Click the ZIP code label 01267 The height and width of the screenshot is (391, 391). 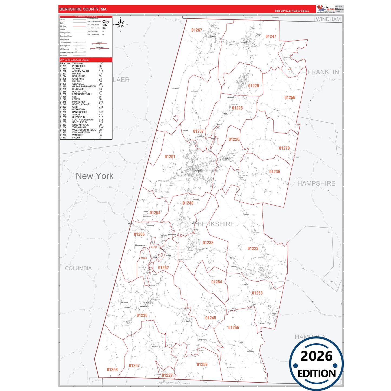(x=197, y=30)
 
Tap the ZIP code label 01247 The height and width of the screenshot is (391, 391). (x=271, y=37)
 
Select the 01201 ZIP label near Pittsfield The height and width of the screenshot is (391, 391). (x=170, y=157)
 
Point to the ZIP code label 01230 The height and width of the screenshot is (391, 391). (x=142, y=316)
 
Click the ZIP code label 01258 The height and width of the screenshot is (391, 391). (x=112, y=370)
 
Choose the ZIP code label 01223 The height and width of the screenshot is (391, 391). (x=253, y=248)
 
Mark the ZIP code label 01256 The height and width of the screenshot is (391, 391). (x=290, y=98)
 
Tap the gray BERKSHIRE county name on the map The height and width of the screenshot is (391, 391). (x=216, y=224)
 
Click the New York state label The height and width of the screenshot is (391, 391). (x=95, y=176)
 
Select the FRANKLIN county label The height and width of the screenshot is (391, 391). (x=323, y=72)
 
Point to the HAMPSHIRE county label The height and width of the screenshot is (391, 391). (x=316, y=183)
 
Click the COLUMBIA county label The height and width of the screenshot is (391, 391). (x=78, y=268)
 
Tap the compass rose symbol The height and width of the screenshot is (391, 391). (x=121, y=24)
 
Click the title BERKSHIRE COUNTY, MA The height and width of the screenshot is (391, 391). (x=83, y=9)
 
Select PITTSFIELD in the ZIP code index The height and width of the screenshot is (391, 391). (x=78, y=66)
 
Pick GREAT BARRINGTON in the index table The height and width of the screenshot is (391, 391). (x=84, y=87)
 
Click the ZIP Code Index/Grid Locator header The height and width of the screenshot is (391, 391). (x=75, y=60)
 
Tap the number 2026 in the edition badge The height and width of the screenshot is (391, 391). (x=316, y=356)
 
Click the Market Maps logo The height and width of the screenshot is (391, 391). (x=326, y=9)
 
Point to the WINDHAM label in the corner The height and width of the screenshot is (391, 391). (x=328, y=19)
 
